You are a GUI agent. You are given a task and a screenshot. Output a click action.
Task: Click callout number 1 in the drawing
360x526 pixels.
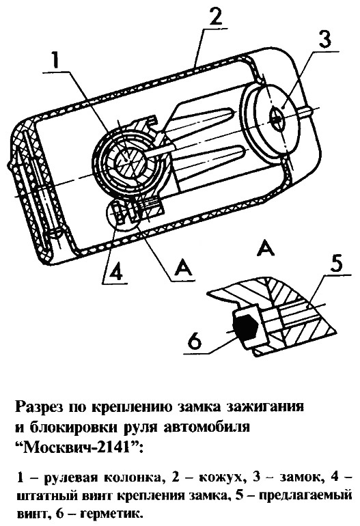click(55, 60)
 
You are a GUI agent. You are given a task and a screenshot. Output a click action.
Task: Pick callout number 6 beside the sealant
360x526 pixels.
click(195, 342)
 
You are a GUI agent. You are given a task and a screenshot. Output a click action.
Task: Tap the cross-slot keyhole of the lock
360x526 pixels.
click(278, 119)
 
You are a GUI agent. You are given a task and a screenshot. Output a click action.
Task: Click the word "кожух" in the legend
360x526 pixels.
click(222, 478)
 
